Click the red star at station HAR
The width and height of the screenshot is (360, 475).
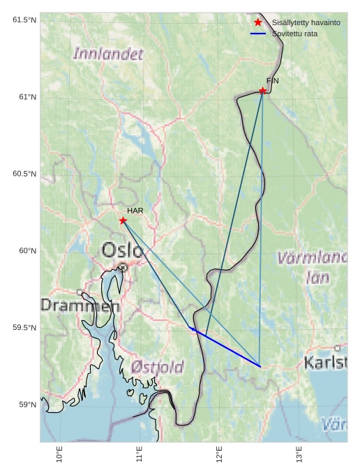click(x=123, y=220)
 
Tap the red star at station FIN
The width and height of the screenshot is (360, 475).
click(x=262, y=91)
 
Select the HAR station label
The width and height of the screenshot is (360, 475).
click(x=135, y=210)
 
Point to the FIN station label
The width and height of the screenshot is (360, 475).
click(x=273, y=81)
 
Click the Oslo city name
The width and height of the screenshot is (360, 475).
click(x=123, y=250)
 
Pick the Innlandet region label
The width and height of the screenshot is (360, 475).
click(x=108, y=53)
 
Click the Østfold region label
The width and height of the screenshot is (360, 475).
click(x=157, y=366)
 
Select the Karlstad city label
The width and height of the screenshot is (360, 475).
click(x=326, y=362)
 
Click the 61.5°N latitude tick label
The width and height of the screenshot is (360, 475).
click(x=24, y=20)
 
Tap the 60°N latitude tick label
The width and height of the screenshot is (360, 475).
click(x=27, y=250)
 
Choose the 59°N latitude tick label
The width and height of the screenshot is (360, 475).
click(x=27, y=405)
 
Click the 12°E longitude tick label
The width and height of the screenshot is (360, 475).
click(x=220, y=455)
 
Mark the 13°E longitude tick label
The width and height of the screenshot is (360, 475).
click(x=300, y=455)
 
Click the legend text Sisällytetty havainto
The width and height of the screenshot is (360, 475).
click(x=306, y=23)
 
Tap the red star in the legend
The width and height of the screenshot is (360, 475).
click(x=258, y=23)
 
